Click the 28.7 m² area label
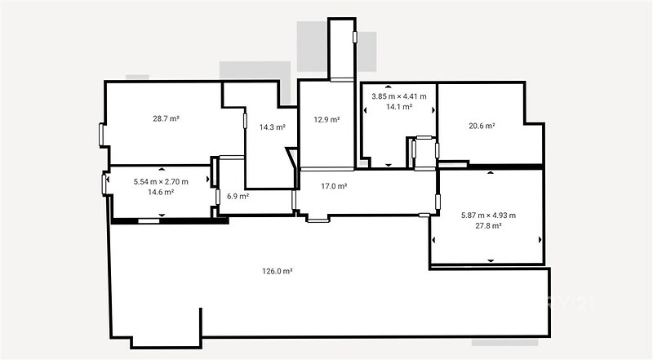[166, 118]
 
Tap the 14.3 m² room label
[273, 127]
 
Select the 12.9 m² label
[327, 119]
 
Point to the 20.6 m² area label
[482, 126]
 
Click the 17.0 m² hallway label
[334, 186]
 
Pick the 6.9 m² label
[238, 196]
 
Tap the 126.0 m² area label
[277, 271]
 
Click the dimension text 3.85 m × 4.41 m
[399, 96]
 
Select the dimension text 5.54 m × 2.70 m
[161, 182]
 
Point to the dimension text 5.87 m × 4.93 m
[488, 215]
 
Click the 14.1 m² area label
[399, 107]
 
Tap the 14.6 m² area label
[161, 192]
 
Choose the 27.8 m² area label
[488, 225]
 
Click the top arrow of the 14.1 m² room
[389, 87]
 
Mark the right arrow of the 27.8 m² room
[540, 239]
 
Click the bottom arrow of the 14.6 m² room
[162, 215]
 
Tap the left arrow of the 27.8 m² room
[433, 240]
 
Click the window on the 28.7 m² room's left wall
[101, 135]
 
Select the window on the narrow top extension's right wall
[355, 37]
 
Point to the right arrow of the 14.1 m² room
[433, 110]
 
